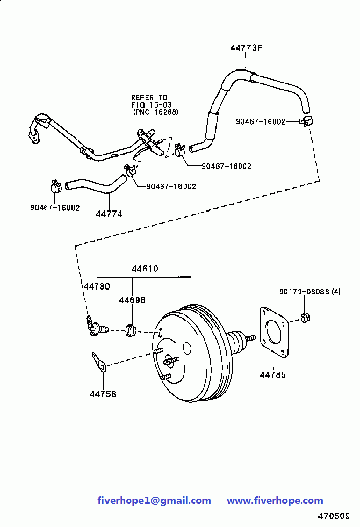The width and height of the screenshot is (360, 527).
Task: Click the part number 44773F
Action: pos(246,48)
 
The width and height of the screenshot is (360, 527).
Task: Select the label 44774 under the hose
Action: pos(109,214)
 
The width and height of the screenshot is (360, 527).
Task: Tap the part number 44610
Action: pos(145,269)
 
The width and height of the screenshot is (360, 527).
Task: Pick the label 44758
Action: pos(103,394)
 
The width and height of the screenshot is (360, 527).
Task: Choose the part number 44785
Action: pos(273,375)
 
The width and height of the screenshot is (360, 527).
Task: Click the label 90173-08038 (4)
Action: pos(310,292)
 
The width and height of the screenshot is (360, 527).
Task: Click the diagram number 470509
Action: pos(334,516)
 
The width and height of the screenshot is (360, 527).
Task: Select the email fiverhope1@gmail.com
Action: pos(154,501)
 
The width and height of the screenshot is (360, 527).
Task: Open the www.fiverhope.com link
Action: pos(275,501)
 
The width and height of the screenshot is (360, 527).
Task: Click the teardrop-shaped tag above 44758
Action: pos(99,362)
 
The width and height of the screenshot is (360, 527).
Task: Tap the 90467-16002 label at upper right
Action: pos(261,122)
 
